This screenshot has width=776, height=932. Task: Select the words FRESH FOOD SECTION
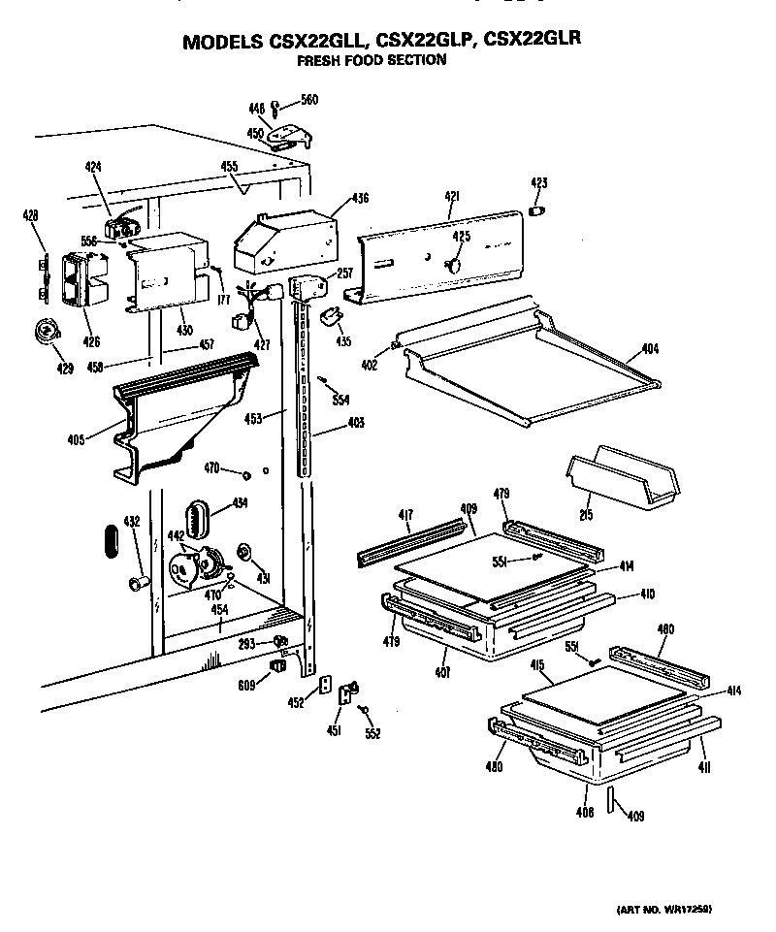[372, 60]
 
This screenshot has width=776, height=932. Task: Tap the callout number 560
[308, 100]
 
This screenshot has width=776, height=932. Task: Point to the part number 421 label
[452, 197]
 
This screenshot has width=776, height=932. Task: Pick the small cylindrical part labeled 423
[539, 210]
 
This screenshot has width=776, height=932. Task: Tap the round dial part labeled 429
[44, 333]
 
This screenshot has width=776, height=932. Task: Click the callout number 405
[75, 439]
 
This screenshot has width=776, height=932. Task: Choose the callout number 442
[177, 536]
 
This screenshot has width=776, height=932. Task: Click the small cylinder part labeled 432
[138, 582]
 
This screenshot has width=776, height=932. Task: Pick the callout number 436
[360, 198]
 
